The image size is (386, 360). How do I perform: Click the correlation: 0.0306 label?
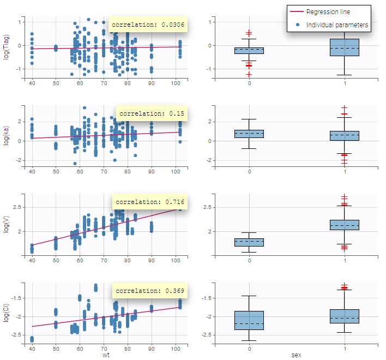point(149,25)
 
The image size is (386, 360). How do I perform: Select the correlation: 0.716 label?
point(150,202)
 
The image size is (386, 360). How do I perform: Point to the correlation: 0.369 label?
point(150,291)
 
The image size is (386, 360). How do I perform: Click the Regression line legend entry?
point(328,12)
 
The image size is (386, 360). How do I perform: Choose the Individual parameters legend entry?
point(337,25)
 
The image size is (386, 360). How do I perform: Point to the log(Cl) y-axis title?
point(7,312)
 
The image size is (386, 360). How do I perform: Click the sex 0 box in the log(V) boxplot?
point(249,242)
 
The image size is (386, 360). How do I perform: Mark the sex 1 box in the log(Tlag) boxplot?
point(345,47)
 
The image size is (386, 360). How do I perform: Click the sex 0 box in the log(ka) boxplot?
point(249,134)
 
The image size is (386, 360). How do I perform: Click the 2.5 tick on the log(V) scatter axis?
point(17,207)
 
